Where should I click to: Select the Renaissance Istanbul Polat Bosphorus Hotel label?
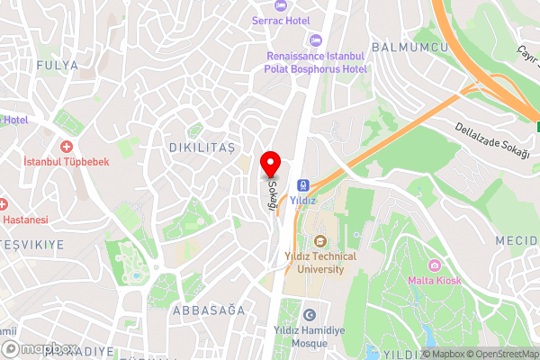(x=317, y=62)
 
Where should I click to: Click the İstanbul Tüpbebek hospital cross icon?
(x=66, y=146)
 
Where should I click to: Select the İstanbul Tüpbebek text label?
(x=66, y=162)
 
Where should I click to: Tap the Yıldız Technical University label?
(x=319, y=262)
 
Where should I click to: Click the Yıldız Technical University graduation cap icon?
(x=319, y=240)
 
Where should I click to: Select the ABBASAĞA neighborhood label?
(x=207, y=310)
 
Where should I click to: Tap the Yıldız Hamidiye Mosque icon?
(x=310, y=315)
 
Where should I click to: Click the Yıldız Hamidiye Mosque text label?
(x=310, y=337)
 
